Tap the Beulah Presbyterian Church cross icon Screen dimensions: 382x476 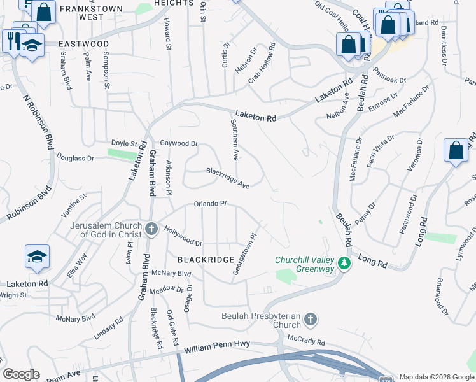pyautogui.click(x=310, y=319)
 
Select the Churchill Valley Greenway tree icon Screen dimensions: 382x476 pyautogui.click(x=344, y=263)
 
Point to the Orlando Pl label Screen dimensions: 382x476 pyautogui.click(x=211, y=204)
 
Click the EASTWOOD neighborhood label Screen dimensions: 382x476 pyautogui.click(x=83, y=44)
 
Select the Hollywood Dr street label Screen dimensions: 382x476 pyautogui.click(x=183, y=236)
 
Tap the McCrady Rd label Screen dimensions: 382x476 pyautogui.click(x=307, y=341)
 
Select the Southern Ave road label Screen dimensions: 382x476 pyautogui.click(x=234, y=139)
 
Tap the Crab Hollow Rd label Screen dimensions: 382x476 pyautogui.click(x=261, y=64)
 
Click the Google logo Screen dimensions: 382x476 pyautogui.click(x=21, y=374)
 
